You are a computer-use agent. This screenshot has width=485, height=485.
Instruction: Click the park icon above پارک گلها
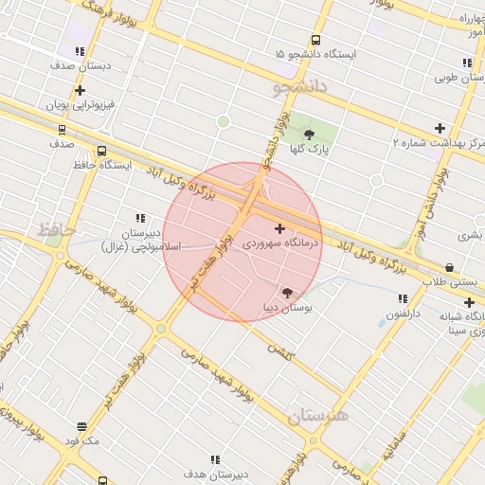point(309,135)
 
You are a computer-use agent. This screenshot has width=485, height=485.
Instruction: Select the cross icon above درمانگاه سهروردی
point(279,228)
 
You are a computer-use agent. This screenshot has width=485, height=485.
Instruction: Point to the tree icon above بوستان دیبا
point(287,293)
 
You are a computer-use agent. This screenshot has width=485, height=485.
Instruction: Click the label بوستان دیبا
point(287,308)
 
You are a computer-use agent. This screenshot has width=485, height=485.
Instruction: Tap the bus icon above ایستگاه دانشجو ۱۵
point(315,41)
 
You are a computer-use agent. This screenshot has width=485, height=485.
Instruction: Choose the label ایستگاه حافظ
point(100,165)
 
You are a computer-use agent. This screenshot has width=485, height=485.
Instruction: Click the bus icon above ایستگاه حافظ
point(101,151)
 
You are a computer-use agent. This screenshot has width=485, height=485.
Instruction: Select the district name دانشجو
point(299,88)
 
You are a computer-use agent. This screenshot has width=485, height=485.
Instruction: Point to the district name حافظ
point(56,229)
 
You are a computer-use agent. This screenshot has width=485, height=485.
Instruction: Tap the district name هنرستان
point(318,415)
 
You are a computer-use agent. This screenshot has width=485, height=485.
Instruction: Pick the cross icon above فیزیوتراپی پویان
point(81,90)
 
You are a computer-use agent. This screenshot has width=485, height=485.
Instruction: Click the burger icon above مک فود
point(82,427)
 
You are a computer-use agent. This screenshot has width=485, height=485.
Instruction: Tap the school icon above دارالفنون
point(404,298)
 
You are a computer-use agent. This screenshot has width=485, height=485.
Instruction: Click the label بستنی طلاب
point(452,282)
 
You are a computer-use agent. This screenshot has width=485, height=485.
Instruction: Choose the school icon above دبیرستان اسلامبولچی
point(141,218)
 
